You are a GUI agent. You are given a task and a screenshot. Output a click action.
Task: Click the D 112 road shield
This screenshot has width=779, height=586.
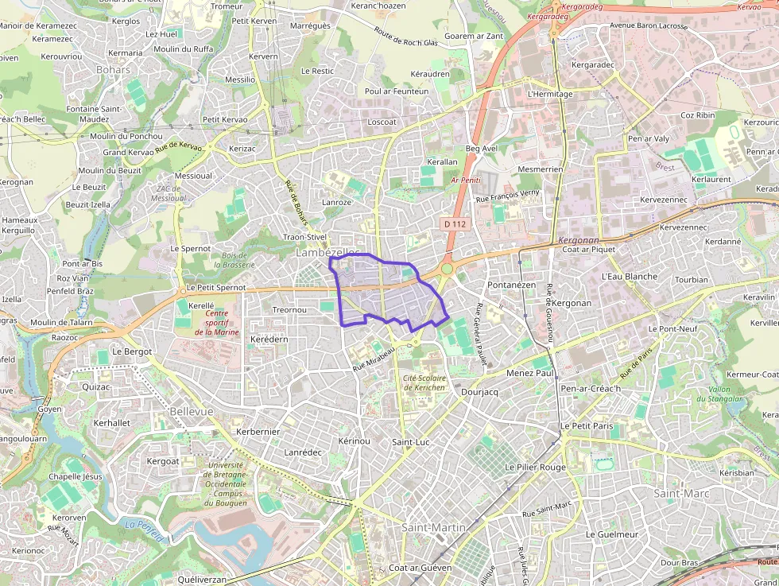(455, 224)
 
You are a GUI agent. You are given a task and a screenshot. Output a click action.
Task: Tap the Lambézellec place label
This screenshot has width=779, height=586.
(327, 252)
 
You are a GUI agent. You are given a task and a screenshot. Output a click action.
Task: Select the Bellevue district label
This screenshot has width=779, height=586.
(192, 411)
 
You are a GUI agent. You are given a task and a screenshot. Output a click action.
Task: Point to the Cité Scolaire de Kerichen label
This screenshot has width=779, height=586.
(424, 382)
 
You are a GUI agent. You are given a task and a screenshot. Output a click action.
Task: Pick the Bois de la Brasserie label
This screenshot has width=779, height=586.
(234, 259)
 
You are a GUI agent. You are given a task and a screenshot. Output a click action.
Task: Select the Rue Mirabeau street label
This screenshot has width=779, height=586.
(374, 359)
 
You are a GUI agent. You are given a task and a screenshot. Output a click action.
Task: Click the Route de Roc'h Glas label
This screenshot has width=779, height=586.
(406, 37)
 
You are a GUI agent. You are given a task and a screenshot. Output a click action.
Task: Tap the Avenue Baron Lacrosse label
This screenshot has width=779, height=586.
(648, 25)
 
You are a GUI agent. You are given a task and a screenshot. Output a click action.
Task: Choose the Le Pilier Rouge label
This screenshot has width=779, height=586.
(535, 467)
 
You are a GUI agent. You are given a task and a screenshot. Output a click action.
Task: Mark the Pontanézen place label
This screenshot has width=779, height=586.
(512, 284)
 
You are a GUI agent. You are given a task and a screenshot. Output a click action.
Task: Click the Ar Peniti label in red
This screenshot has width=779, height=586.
(466, 180)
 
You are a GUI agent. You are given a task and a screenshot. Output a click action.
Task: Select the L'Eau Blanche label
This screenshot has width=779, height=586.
(630, 276)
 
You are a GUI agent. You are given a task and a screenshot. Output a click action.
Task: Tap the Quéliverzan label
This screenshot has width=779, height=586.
(202, 580)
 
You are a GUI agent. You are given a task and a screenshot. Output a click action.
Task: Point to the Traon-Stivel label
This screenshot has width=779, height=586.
(305, 236)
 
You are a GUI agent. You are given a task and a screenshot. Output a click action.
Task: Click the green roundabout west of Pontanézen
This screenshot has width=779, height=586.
(447, 269)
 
